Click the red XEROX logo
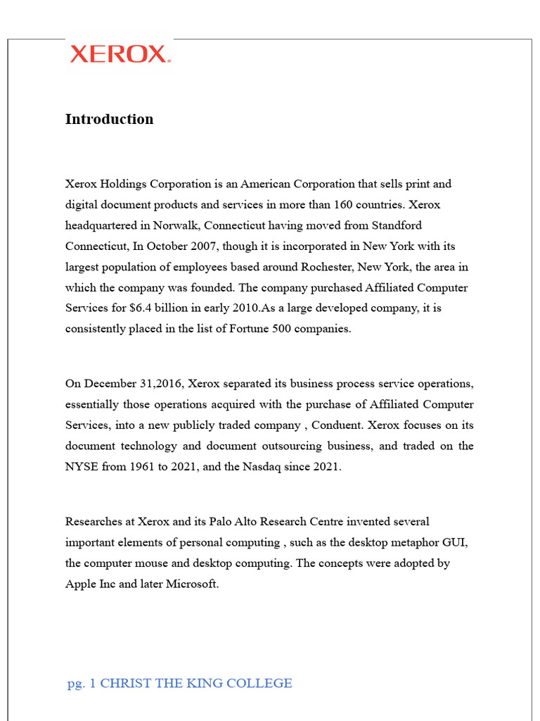120,54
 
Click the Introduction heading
109,119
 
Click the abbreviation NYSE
81,467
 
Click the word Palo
221,522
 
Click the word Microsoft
191,584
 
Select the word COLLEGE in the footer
263,683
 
